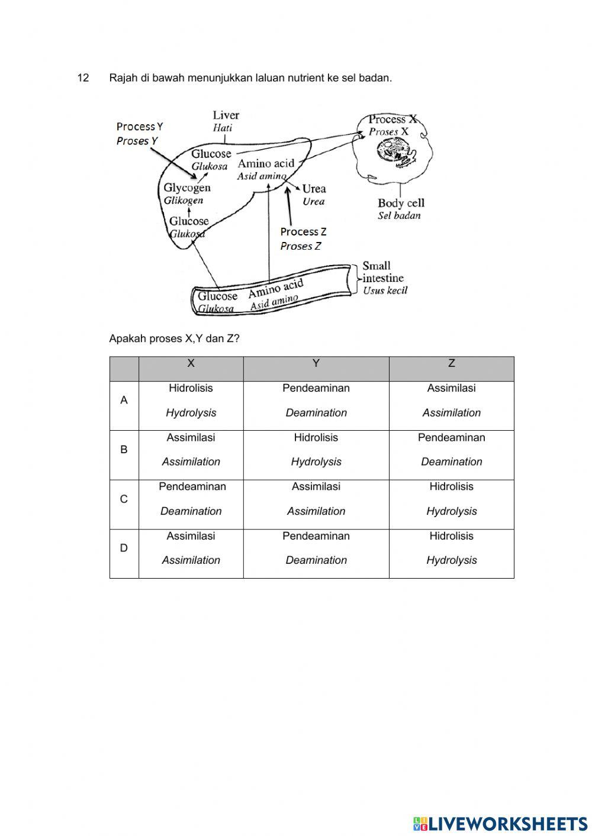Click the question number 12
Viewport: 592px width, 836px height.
83,78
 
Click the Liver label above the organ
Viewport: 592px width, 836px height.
226,115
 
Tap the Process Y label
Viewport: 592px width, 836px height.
140,127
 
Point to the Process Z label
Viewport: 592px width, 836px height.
303,232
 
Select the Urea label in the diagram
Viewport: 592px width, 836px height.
314,189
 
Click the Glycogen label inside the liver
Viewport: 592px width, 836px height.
187,188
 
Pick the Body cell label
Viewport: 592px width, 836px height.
401,203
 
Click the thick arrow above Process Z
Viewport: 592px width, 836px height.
288,205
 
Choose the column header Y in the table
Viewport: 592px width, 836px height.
316,363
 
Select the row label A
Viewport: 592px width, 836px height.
124,401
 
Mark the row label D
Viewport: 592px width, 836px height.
124,548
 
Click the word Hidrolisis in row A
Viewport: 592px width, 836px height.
191,389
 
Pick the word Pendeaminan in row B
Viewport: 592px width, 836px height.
451,438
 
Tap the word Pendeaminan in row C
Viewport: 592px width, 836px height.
192,487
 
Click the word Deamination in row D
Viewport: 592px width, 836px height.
316,560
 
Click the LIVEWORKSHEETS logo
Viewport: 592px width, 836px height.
500,823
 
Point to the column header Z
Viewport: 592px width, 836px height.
452,363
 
